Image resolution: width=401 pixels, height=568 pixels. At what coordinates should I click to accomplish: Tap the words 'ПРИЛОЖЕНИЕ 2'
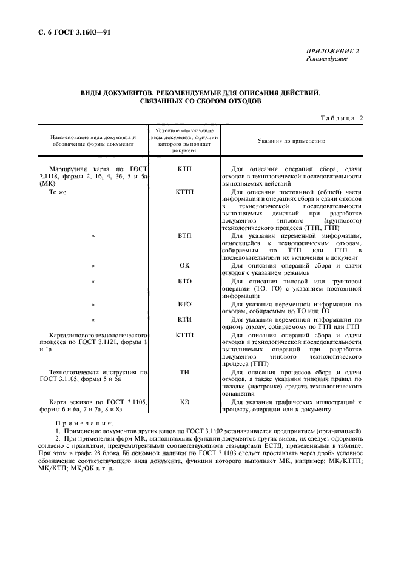(332, 52)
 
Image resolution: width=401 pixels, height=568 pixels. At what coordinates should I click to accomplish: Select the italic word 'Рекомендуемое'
(327, 59)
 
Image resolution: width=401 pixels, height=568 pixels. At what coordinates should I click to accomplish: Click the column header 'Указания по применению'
(292, 140)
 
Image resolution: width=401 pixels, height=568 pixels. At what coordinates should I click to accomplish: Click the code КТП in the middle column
(185, 168)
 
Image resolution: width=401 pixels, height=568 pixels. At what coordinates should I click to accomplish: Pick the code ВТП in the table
(185, 235)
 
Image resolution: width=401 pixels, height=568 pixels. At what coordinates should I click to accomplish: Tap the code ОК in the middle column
(185, 265)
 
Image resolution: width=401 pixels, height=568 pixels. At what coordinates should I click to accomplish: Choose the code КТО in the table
(185, 281)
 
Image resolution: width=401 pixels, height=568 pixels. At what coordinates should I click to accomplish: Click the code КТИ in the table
(185, 319)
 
